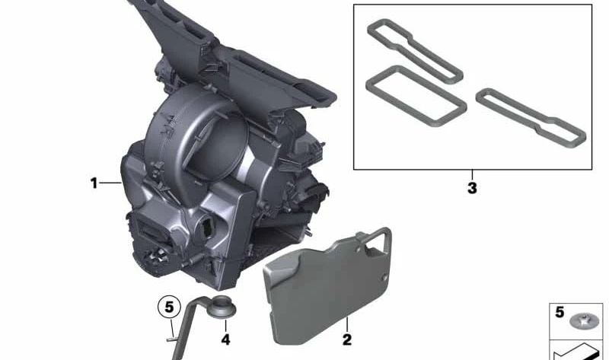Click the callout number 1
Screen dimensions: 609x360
tap(94, 183)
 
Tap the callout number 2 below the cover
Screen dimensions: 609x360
tap(347, 339)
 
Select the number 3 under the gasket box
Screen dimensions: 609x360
tap(472, 188)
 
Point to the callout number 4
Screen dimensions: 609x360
tap(225, 339)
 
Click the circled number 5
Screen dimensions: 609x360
tap(169, 307)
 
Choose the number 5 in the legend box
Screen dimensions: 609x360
tap(560, 312)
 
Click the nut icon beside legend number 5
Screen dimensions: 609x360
tap(584, 321)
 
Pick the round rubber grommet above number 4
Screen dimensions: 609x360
tap(222, 307)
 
